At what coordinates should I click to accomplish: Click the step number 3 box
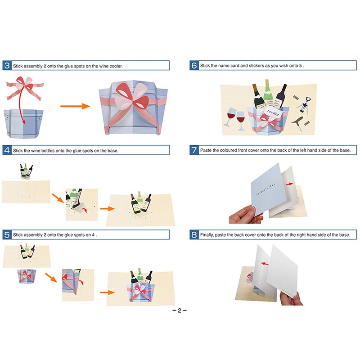(7, 66)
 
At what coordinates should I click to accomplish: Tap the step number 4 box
(7, 150)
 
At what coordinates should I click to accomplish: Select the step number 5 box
(7, 234)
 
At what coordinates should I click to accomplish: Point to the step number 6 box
(194, 66)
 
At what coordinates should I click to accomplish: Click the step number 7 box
(194, 150)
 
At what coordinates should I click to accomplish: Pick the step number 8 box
(194, 234)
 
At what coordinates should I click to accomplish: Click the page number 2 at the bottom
(179, 310)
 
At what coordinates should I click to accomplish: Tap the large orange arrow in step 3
(75, 107)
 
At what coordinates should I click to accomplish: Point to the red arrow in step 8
(267, 265)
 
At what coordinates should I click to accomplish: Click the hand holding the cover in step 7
(245, 215)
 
